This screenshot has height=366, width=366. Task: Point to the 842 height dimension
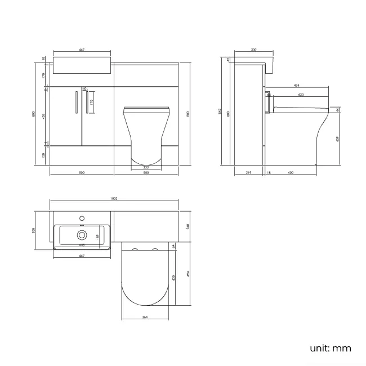tap(220, 110)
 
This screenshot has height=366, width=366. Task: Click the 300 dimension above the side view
tap(253, 50)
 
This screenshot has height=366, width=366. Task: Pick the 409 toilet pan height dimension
tap(337, 139)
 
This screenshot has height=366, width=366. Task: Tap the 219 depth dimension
tap(249, 172)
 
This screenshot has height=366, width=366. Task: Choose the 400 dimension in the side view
tap(291, 172)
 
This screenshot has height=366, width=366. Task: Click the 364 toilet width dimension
tap(145, 318)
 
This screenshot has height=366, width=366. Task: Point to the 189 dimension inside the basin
tap(97, 238)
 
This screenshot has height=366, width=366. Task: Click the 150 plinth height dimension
tap(43, 155)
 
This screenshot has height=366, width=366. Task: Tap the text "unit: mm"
tap(330, 348)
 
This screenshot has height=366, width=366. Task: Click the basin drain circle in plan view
tap(82, 235)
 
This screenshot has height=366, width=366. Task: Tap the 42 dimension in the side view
tap(229, 59)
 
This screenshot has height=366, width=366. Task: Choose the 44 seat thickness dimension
tap(337, 110)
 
